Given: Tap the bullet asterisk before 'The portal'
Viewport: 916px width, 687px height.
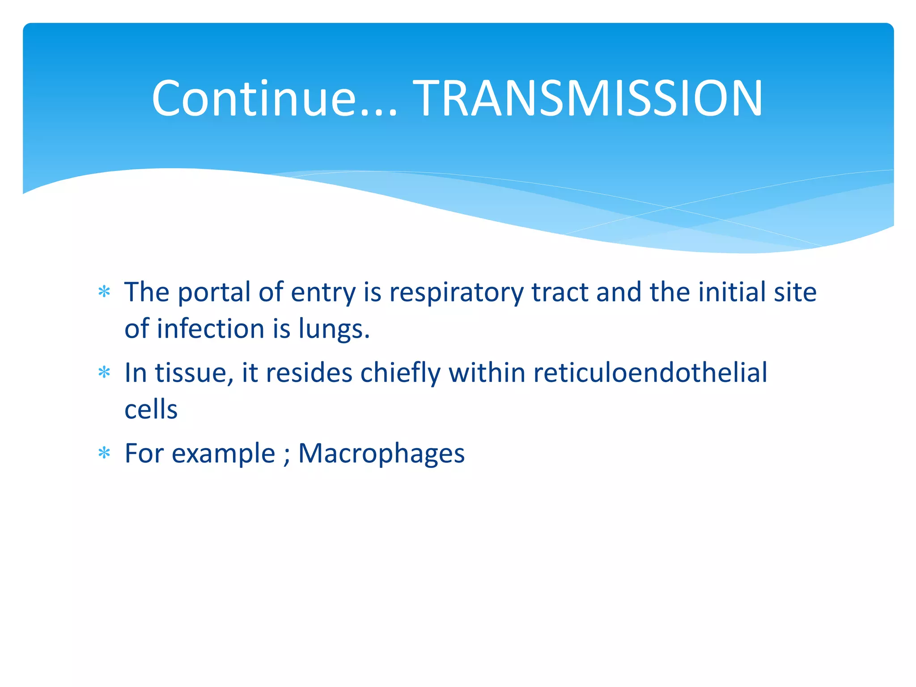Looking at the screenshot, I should click(104, 292).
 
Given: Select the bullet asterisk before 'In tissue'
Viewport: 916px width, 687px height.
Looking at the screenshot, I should click(104, 373).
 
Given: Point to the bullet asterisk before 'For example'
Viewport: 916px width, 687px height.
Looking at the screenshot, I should click(104, 453).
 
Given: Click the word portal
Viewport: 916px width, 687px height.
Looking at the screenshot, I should click(214, 293).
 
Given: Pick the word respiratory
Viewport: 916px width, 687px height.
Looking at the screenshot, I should click(456, 293).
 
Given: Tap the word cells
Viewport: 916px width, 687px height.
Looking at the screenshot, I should click(151, 409).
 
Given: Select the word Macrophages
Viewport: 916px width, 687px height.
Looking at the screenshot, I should click(381, 454).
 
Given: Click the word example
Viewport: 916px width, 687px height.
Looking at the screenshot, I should click(223, 454).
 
